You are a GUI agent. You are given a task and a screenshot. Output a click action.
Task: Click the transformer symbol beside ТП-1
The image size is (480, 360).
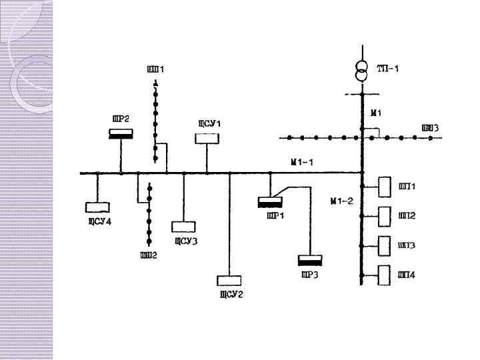[x=361, y=72]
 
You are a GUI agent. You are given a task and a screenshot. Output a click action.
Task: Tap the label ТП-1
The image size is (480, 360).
[x=388, y=69]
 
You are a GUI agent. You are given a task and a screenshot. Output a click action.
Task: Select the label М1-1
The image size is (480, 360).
[x=302, y=162]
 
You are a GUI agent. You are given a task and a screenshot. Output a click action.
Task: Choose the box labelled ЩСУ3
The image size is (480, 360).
[x=182, y=227]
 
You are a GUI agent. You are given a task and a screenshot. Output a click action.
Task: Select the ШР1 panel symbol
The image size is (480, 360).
[x=270, y=201]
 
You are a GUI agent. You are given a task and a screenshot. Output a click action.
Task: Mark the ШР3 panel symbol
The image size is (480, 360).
[x=309, y=260]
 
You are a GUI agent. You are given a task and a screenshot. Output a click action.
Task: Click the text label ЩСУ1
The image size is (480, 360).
[x=209, y=123]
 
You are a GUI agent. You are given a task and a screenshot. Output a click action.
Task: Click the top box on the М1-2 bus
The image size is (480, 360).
[x=385, y=187]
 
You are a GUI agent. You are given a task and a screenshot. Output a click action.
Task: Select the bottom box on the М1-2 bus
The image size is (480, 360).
[x=385, y=275]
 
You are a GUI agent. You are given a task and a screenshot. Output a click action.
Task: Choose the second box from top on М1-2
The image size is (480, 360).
[x=385, y=216]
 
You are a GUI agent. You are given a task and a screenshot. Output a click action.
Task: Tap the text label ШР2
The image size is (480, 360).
[x=121, y=118]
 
